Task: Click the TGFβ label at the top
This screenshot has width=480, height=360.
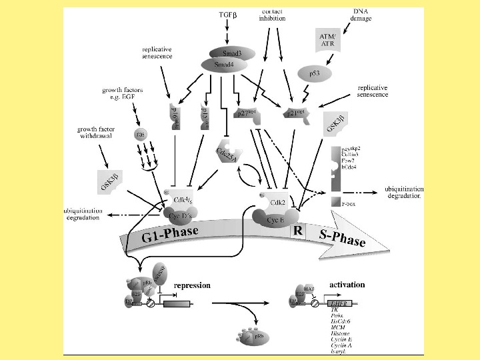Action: (228, 14)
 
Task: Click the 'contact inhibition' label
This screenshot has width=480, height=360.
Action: (271, 15)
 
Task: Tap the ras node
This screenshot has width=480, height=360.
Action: (140, 134)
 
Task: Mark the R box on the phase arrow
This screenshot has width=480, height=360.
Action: (297, 231)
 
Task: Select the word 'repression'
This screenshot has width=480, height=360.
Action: (192, 285)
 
